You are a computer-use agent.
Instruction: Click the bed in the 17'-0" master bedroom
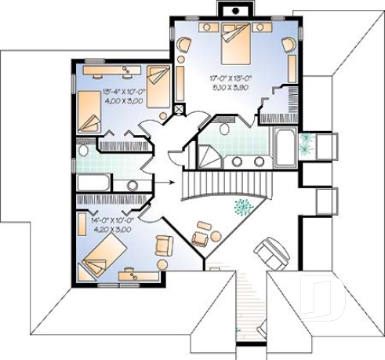pos(235,43)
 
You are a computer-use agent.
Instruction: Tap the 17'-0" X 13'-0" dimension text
pos(234,78)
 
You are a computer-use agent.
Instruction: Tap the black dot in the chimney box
pos(232,10)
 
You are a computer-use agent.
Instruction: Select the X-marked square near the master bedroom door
pos(179,110)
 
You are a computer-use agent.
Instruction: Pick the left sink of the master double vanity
pos(238,162)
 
